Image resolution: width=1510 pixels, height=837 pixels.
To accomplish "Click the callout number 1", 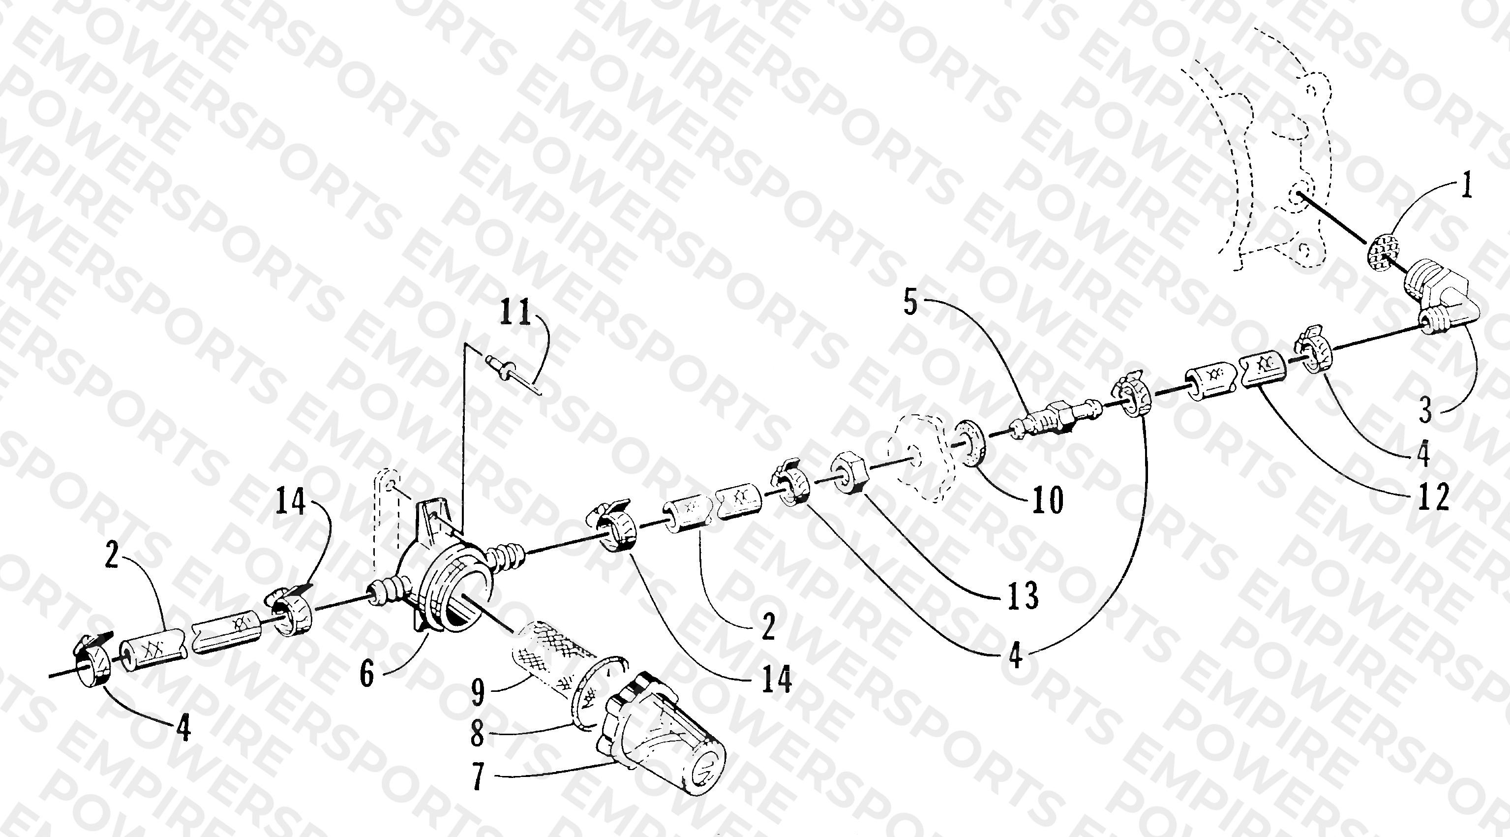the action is [x=1465, y=189].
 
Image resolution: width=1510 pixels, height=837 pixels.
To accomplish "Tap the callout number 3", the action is [x=1425, y=412].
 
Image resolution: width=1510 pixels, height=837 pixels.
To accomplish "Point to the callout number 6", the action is [x=367, y=674].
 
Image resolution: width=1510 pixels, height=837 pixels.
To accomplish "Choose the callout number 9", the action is [x=478, y=692].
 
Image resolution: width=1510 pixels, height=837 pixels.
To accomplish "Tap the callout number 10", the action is [x=1048, y=500].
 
